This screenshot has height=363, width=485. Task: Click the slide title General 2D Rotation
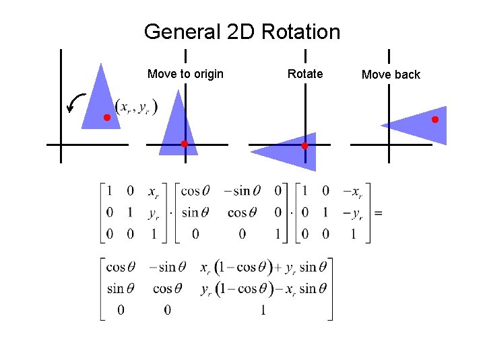point(242,32)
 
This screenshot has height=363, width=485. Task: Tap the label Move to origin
point(185,74)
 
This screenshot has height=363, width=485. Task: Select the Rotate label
point(305,74)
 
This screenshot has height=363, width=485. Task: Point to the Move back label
point(391,75)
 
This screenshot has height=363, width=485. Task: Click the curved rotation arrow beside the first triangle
point(76,104)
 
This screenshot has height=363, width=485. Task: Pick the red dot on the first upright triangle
point(106,118)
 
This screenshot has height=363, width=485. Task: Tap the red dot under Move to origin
point(184,144)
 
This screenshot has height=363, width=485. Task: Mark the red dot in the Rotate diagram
point(304,145)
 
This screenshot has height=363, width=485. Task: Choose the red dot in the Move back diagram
point(435,120)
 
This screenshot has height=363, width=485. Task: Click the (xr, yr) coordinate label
point(136,107)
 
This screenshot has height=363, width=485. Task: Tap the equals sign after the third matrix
point(378,213)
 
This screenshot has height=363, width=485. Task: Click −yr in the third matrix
point(352,214)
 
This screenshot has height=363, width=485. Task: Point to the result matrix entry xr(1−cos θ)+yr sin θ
point(258,268)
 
